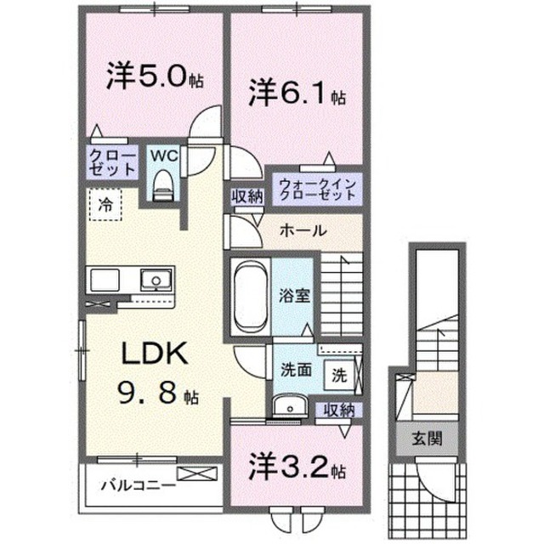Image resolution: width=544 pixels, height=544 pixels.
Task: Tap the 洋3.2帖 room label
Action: (297, 467)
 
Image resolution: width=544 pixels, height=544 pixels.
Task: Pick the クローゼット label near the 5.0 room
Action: (110, 161)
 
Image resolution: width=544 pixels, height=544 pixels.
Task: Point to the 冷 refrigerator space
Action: (106, 204)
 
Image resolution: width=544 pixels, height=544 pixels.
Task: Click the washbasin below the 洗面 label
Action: (286, 405)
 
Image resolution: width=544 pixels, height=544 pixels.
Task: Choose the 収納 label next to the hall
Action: (247, 196)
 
